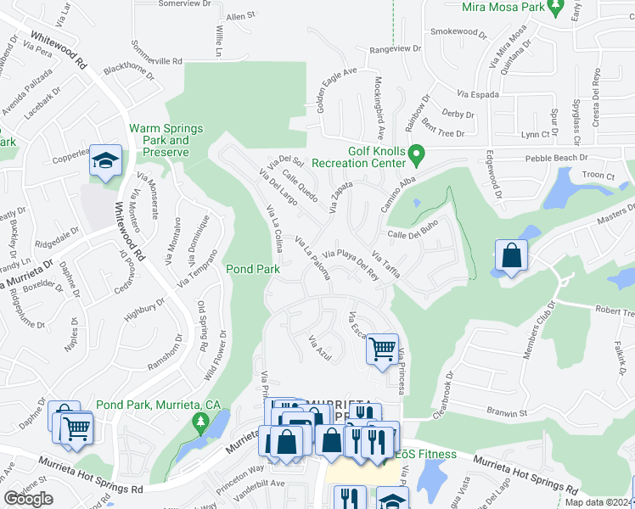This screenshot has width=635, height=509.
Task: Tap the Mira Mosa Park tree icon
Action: pos(555,8)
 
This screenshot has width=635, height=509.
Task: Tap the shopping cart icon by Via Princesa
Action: pos(382,347)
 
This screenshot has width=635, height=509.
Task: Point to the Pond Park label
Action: pos(252,269)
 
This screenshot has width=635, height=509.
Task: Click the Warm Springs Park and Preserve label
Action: pos(166,140)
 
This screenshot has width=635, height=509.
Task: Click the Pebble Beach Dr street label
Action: pos(556,158)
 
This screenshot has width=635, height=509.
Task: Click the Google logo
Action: pos(28,498)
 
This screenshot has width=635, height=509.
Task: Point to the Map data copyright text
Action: pos(598,502)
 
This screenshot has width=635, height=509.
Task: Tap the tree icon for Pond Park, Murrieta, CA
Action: pos(200,422)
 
